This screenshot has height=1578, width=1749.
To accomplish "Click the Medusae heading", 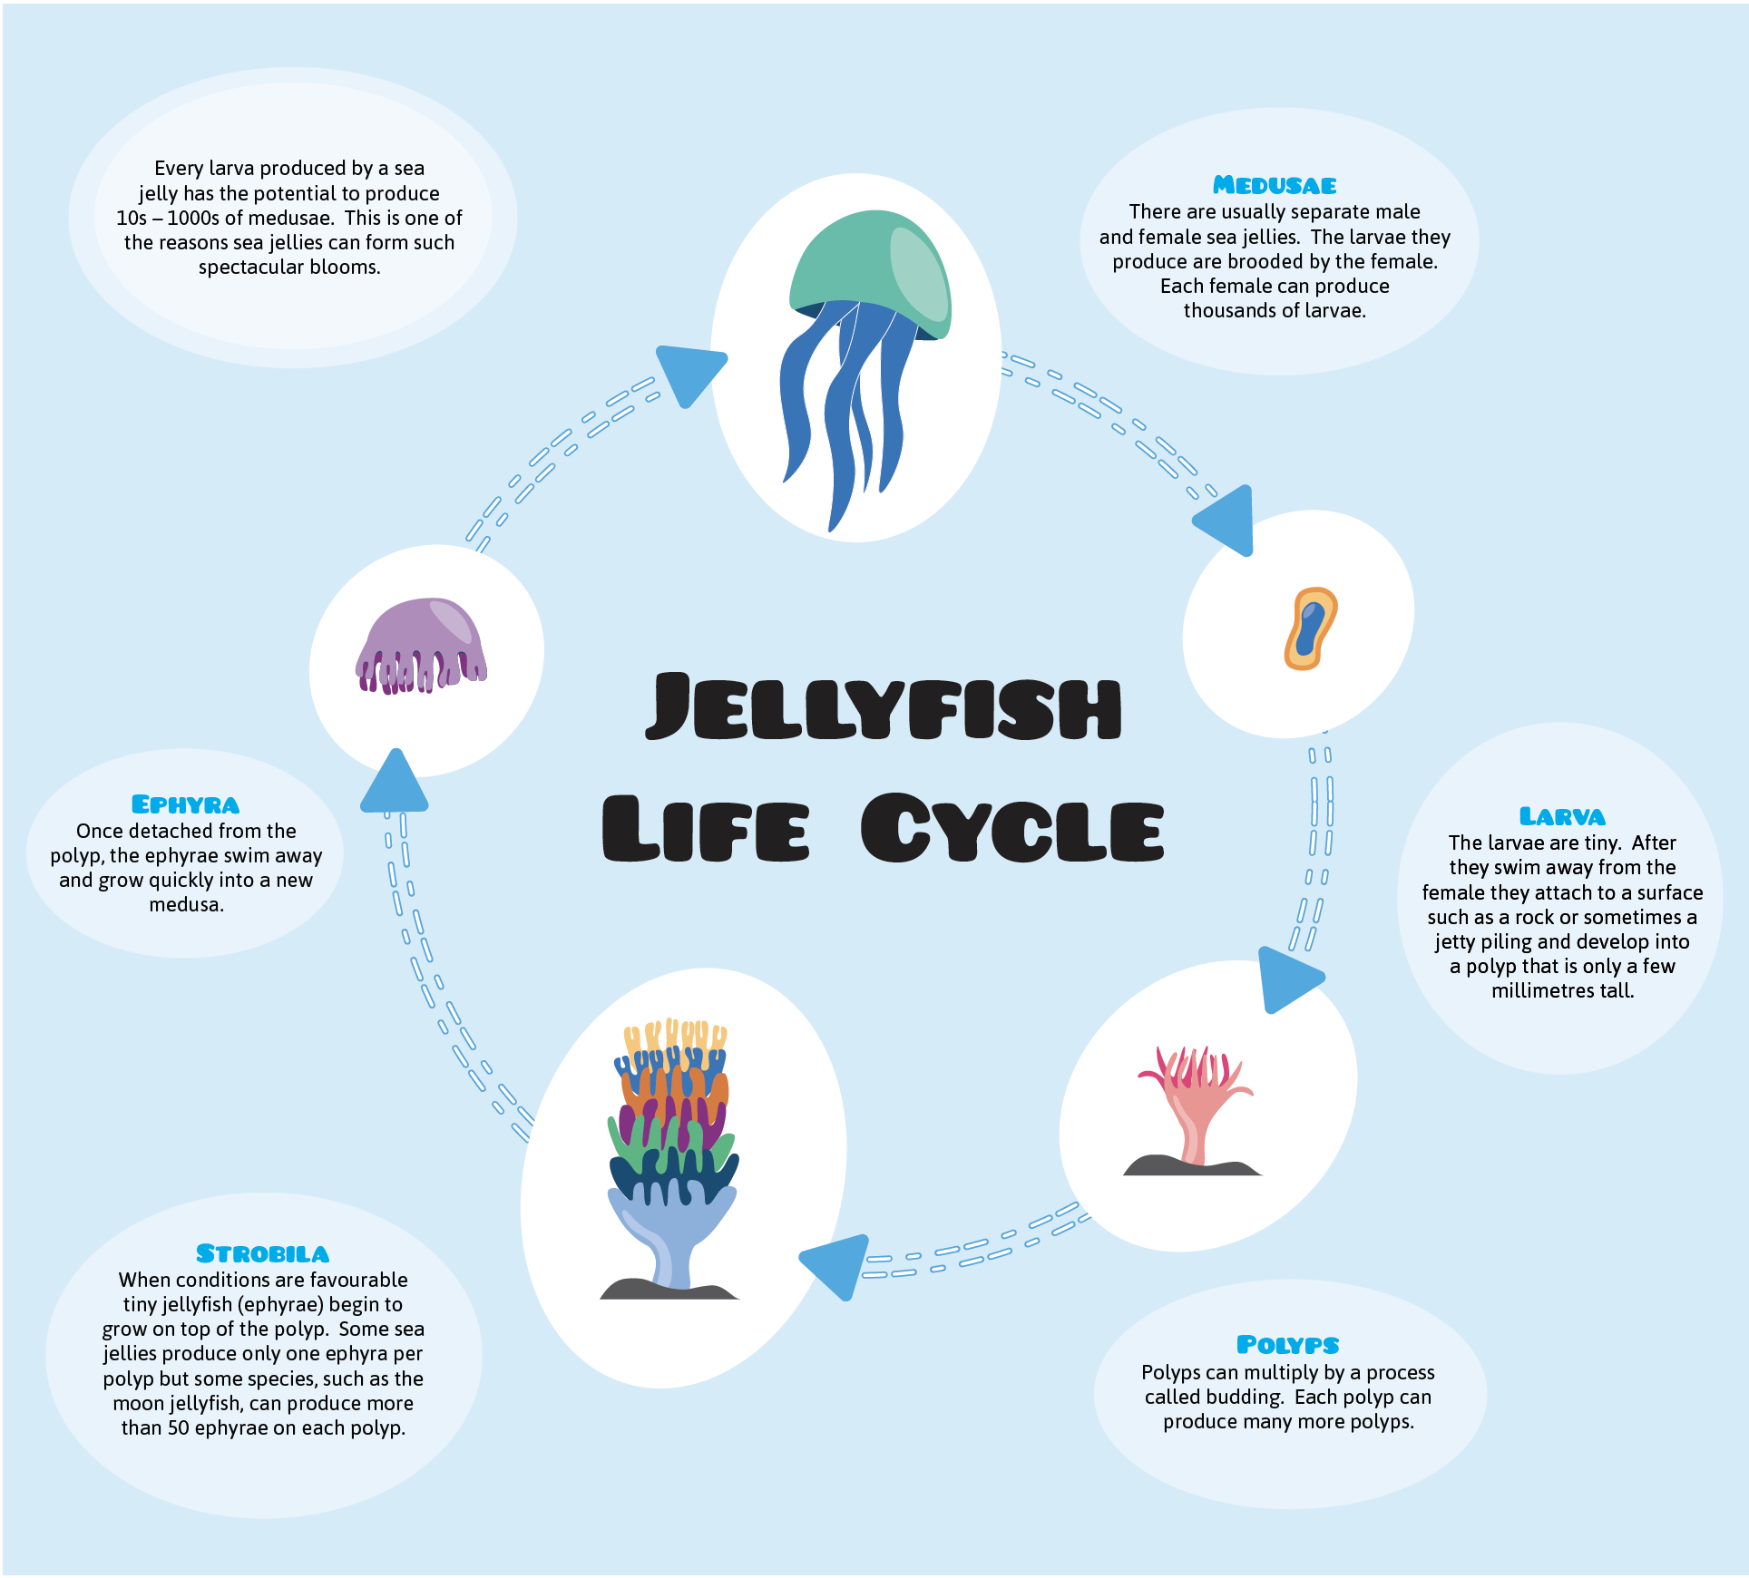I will click(x=1275, y=186).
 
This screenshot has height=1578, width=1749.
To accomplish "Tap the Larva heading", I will click(x=1562, y=817).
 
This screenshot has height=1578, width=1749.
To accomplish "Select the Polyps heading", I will click(x=1287, y=1345).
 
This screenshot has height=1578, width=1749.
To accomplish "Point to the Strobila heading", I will click(x=262, y=1254).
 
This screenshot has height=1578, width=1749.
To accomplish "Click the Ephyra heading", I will click(x=185, y=805).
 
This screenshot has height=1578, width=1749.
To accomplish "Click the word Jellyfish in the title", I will click(x=884, y=707).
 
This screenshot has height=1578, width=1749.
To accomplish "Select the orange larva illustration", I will click(x=1311, y=628).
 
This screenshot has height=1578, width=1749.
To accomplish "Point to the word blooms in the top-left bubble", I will click(x=345, y=268).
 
